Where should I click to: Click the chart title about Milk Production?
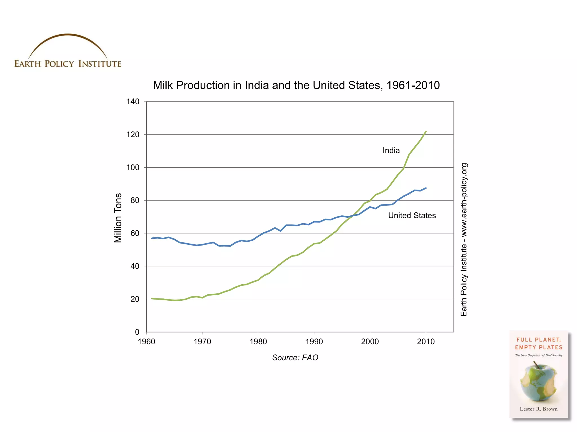pyautogui.click(x=296, y=85)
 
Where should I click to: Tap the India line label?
pyautogui.click(x=391, y=150)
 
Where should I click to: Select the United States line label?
pyautogui.click(x=412, y=215)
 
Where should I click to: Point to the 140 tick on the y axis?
pyautogui.click(x=133, y=102)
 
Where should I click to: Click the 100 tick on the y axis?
pyautogui.click(x=133, y=167)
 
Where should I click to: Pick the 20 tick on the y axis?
pyautogui.click(x=135, y=299)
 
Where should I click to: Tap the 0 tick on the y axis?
pyautogui.click(x=137, y=332)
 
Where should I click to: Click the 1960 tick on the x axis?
pyautogui.click(x=147, y=341)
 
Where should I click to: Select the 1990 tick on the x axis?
pyautogui.click(x=314, y=341)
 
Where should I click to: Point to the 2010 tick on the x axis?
pyautogui.click(x=426, y=341)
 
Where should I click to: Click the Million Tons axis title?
pyautogui.click(x=118, y=218)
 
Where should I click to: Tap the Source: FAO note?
pyautogui.click(x=295, y=357)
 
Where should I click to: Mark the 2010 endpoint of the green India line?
pyautogui.click(x=426, y=131)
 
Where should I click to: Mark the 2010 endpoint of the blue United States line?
pyautogui.click(x=426, y=188)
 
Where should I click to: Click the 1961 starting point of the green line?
pyautogui.click(x=152, y=298)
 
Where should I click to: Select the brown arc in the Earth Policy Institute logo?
pyautogui.click(x=68, y=35)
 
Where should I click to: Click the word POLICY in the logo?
pyautogui.click(x=59, y=64)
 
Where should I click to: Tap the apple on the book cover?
pyautogui.click(x=538, y=382)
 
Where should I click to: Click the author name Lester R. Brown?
pyautogui.click(x=538, y=409)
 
